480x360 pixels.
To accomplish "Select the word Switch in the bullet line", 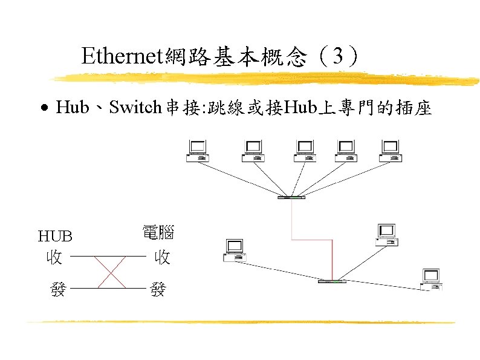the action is click(134, 108).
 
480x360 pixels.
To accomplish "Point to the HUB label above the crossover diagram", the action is click(55, 235).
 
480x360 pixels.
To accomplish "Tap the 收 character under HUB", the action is click(54, 257).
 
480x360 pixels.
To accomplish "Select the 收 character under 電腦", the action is click(161, 257).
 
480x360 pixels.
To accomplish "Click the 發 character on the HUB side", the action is click(58, 289).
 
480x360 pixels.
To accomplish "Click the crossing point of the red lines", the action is click(111, 273).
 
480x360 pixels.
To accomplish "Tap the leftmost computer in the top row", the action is click(198, 151).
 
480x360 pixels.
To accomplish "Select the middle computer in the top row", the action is click(304, 151).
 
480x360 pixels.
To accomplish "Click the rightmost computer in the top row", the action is click(390, 151).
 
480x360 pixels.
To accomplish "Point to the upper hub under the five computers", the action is click(291, 197).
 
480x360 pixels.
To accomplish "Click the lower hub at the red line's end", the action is click(332, 281).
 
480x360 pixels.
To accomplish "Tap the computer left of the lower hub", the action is click(234, 250).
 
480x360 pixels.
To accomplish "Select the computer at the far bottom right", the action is click(431, 280).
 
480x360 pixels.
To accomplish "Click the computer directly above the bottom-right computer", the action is click(386, 234).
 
